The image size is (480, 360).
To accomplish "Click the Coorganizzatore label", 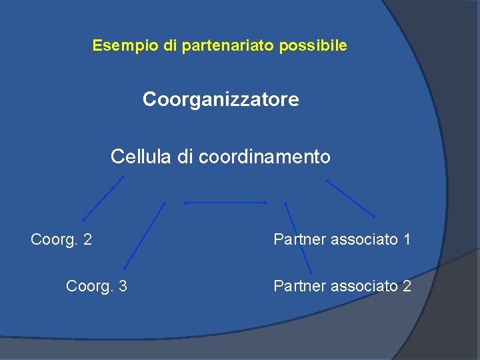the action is (221, 100).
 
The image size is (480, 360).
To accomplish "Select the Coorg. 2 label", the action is (61, 239).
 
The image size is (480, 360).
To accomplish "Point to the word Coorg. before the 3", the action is (89, 286).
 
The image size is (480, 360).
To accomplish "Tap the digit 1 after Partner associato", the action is (407, 239).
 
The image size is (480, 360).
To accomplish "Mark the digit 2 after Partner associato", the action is (407, 286).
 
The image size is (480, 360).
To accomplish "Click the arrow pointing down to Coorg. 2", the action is (103, 199).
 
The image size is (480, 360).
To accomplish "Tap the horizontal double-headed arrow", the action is (225, 202).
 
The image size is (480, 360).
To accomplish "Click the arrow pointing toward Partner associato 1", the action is (351, 198).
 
